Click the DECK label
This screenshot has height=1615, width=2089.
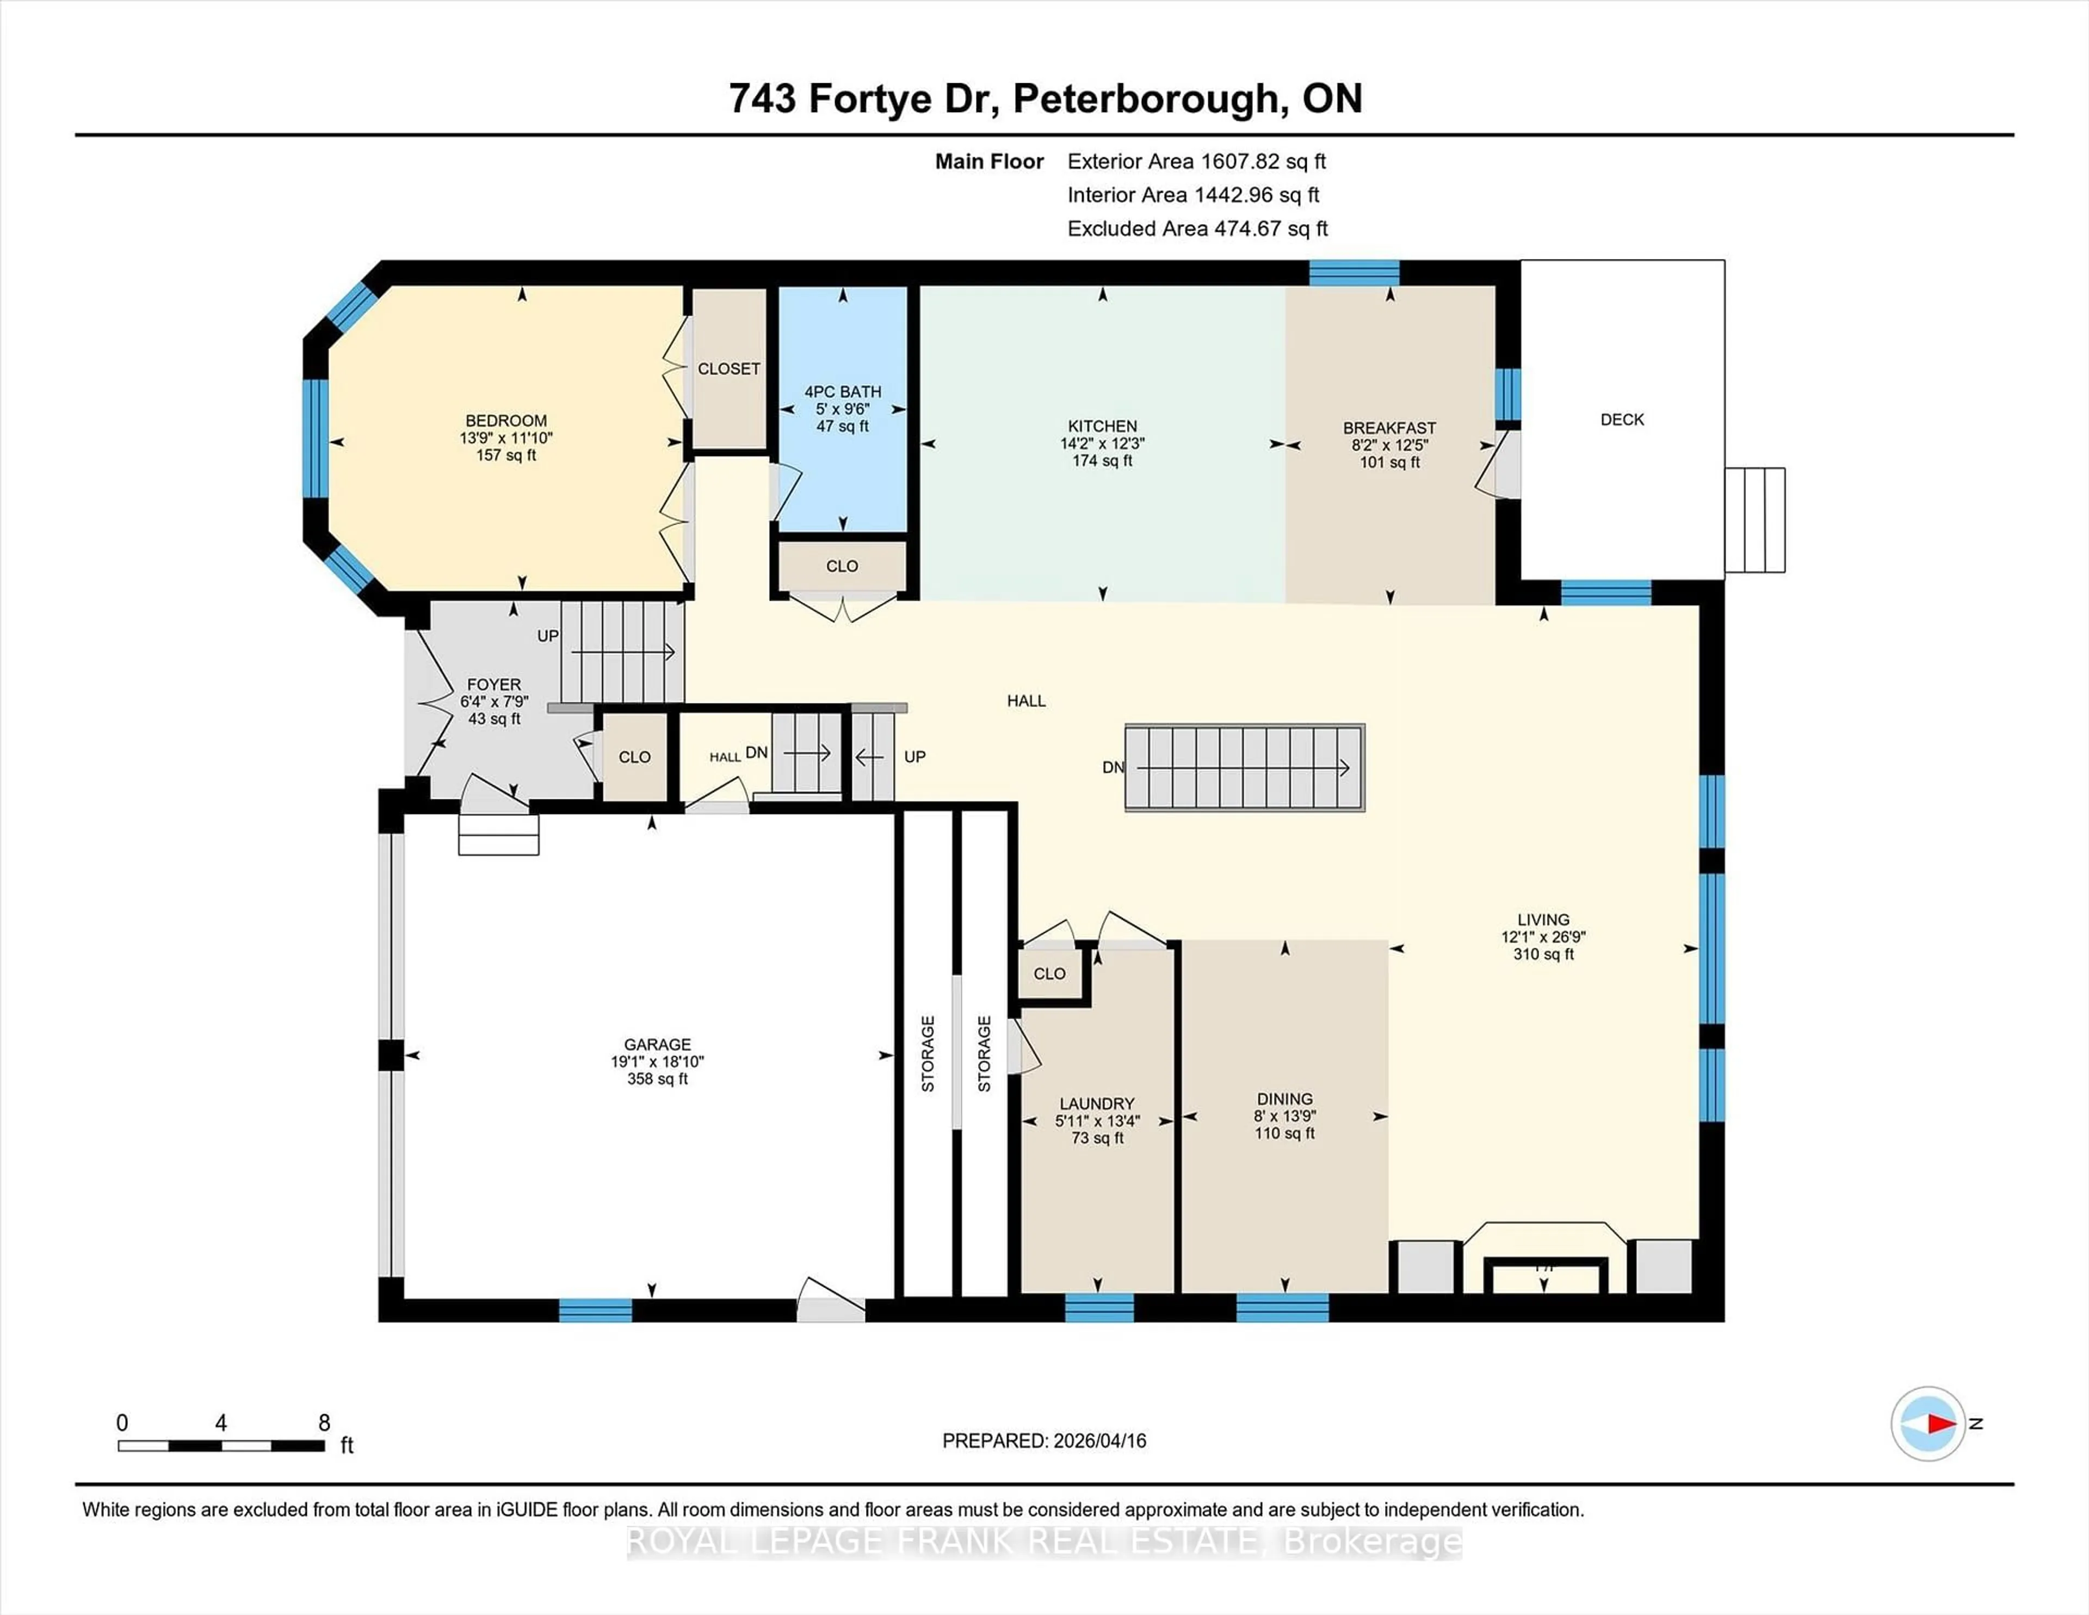[1622, 419]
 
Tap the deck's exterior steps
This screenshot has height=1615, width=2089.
[1755, 520]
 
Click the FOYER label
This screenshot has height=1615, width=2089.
[493, 684]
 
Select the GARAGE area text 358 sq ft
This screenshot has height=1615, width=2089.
[657, 1079]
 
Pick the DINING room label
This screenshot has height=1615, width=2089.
[1284, 1099]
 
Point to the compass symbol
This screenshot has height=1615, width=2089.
[1927, 1423]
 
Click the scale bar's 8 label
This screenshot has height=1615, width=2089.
[324, 1423]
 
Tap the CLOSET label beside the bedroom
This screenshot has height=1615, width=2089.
[729, 368]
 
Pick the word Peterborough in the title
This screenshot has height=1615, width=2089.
[1146, 98]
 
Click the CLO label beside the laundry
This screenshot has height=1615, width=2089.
[1049, 973]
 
